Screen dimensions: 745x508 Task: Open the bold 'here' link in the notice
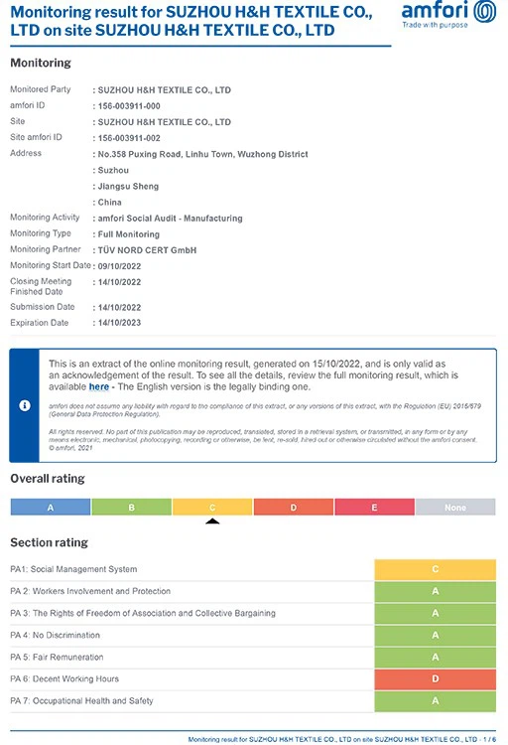coord(99,387)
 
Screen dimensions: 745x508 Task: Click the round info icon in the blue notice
coord(24,405)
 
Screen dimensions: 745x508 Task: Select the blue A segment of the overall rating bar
coord(51,507)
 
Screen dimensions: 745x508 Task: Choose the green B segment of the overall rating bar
coord(131,507)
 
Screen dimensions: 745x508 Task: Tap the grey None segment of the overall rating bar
coord(455,507)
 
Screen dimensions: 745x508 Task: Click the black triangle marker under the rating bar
coord(211,520)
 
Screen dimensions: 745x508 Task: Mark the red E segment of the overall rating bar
coord(374,507)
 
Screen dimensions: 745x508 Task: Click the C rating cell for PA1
coord(435,569)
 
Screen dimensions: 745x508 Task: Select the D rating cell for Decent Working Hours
coord(435,678)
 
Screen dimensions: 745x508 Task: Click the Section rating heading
coord(49,542)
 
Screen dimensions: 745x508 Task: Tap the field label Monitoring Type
coord(41,233)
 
